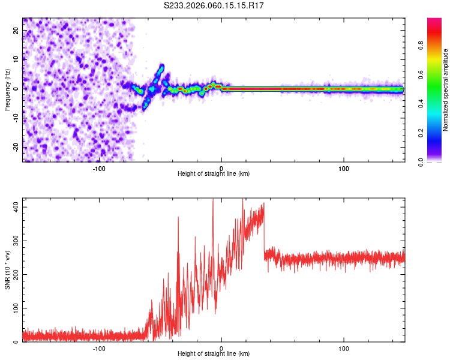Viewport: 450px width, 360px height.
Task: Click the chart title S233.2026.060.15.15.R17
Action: click(x=214, y=5)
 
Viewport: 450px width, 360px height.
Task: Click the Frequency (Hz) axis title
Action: click(x=7, y=90)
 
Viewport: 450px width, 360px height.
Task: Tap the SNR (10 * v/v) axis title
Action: click(x=7, y=270)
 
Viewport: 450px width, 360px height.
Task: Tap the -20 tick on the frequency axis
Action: click(x=15, y=147)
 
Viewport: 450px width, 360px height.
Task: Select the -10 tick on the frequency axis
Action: click(x=15, y=118)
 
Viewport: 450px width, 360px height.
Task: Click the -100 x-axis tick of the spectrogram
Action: click(x=99, y=169)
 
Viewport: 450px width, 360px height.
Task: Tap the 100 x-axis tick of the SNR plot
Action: click(x=344, y=349)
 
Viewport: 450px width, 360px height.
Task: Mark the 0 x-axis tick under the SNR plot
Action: click(x=221, y=349)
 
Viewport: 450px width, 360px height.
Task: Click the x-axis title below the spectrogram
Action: click(x=214, y=174)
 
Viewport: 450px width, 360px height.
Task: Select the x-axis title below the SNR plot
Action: click(x=214, y=355)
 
